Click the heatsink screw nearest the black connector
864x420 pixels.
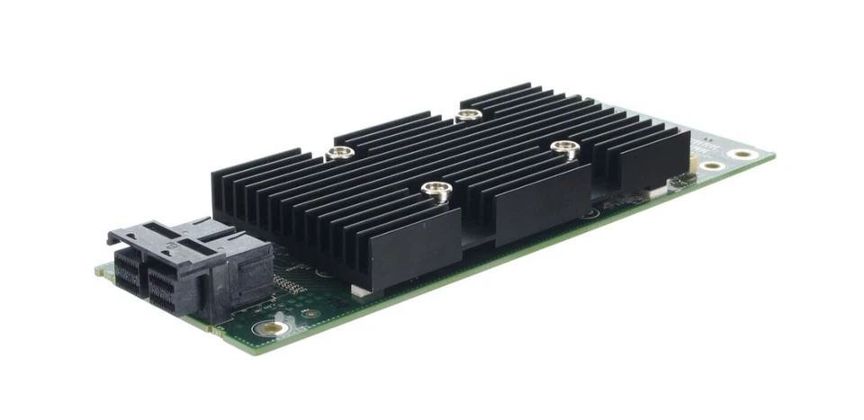(338, 153)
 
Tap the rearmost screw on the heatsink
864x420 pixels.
(466, 114)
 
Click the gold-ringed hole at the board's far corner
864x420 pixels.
(742, 154)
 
